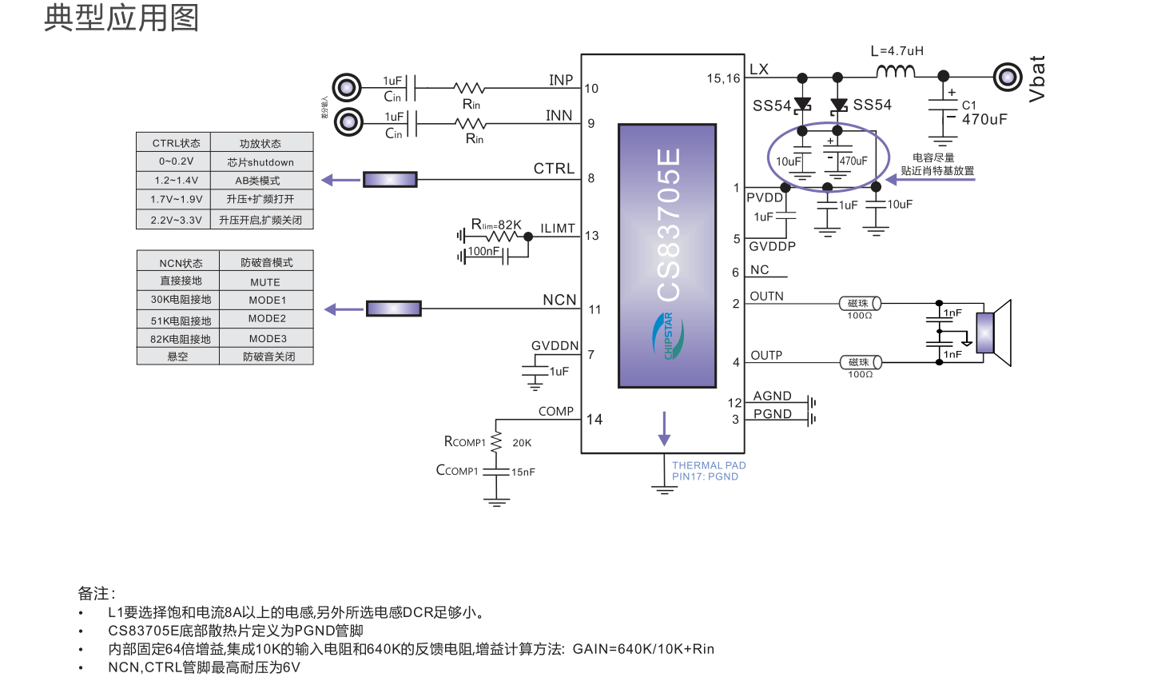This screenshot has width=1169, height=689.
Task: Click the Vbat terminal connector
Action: coord(1008,78)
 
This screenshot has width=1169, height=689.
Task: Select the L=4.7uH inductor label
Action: coord(897,51)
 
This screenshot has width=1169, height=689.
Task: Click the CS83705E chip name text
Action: coord(669,225)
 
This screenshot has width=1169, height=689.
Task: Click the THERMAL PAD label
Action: coord(709,465)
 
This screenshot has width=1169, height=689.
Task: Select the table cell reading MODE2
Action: coord(267,319)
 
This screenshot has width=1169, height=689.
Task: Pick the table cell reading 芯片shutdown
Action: coord(260,162)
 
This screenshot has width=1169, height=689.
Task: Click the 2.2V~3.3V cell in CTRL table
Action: coord(176,221)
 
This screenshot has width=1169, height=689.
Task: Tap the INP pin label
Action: coord(561,80)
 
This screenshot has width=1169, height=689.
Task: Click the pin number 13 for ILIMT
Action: coord(591,236)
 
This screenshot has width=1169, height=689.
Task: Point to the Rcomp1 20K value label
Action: coord(522,443)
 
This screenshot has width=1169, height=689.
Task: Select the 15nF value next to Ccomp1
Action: coord(523,472)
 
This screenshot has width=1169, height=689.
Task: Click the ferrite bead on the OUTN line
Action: coord(860,304)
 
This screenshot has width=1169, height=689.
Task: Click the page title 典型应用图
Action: coord(121,18)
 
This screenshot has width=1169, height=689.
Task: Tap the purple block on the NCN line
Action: coord(393,309)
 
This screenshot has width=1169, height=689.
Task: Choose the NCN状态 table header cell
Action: coord(181,263)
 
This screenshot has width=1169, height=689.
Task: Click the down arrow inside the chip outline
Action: coord(664,429)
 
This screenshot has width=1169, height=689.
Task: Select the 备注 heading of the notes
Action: coord(96,593)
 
